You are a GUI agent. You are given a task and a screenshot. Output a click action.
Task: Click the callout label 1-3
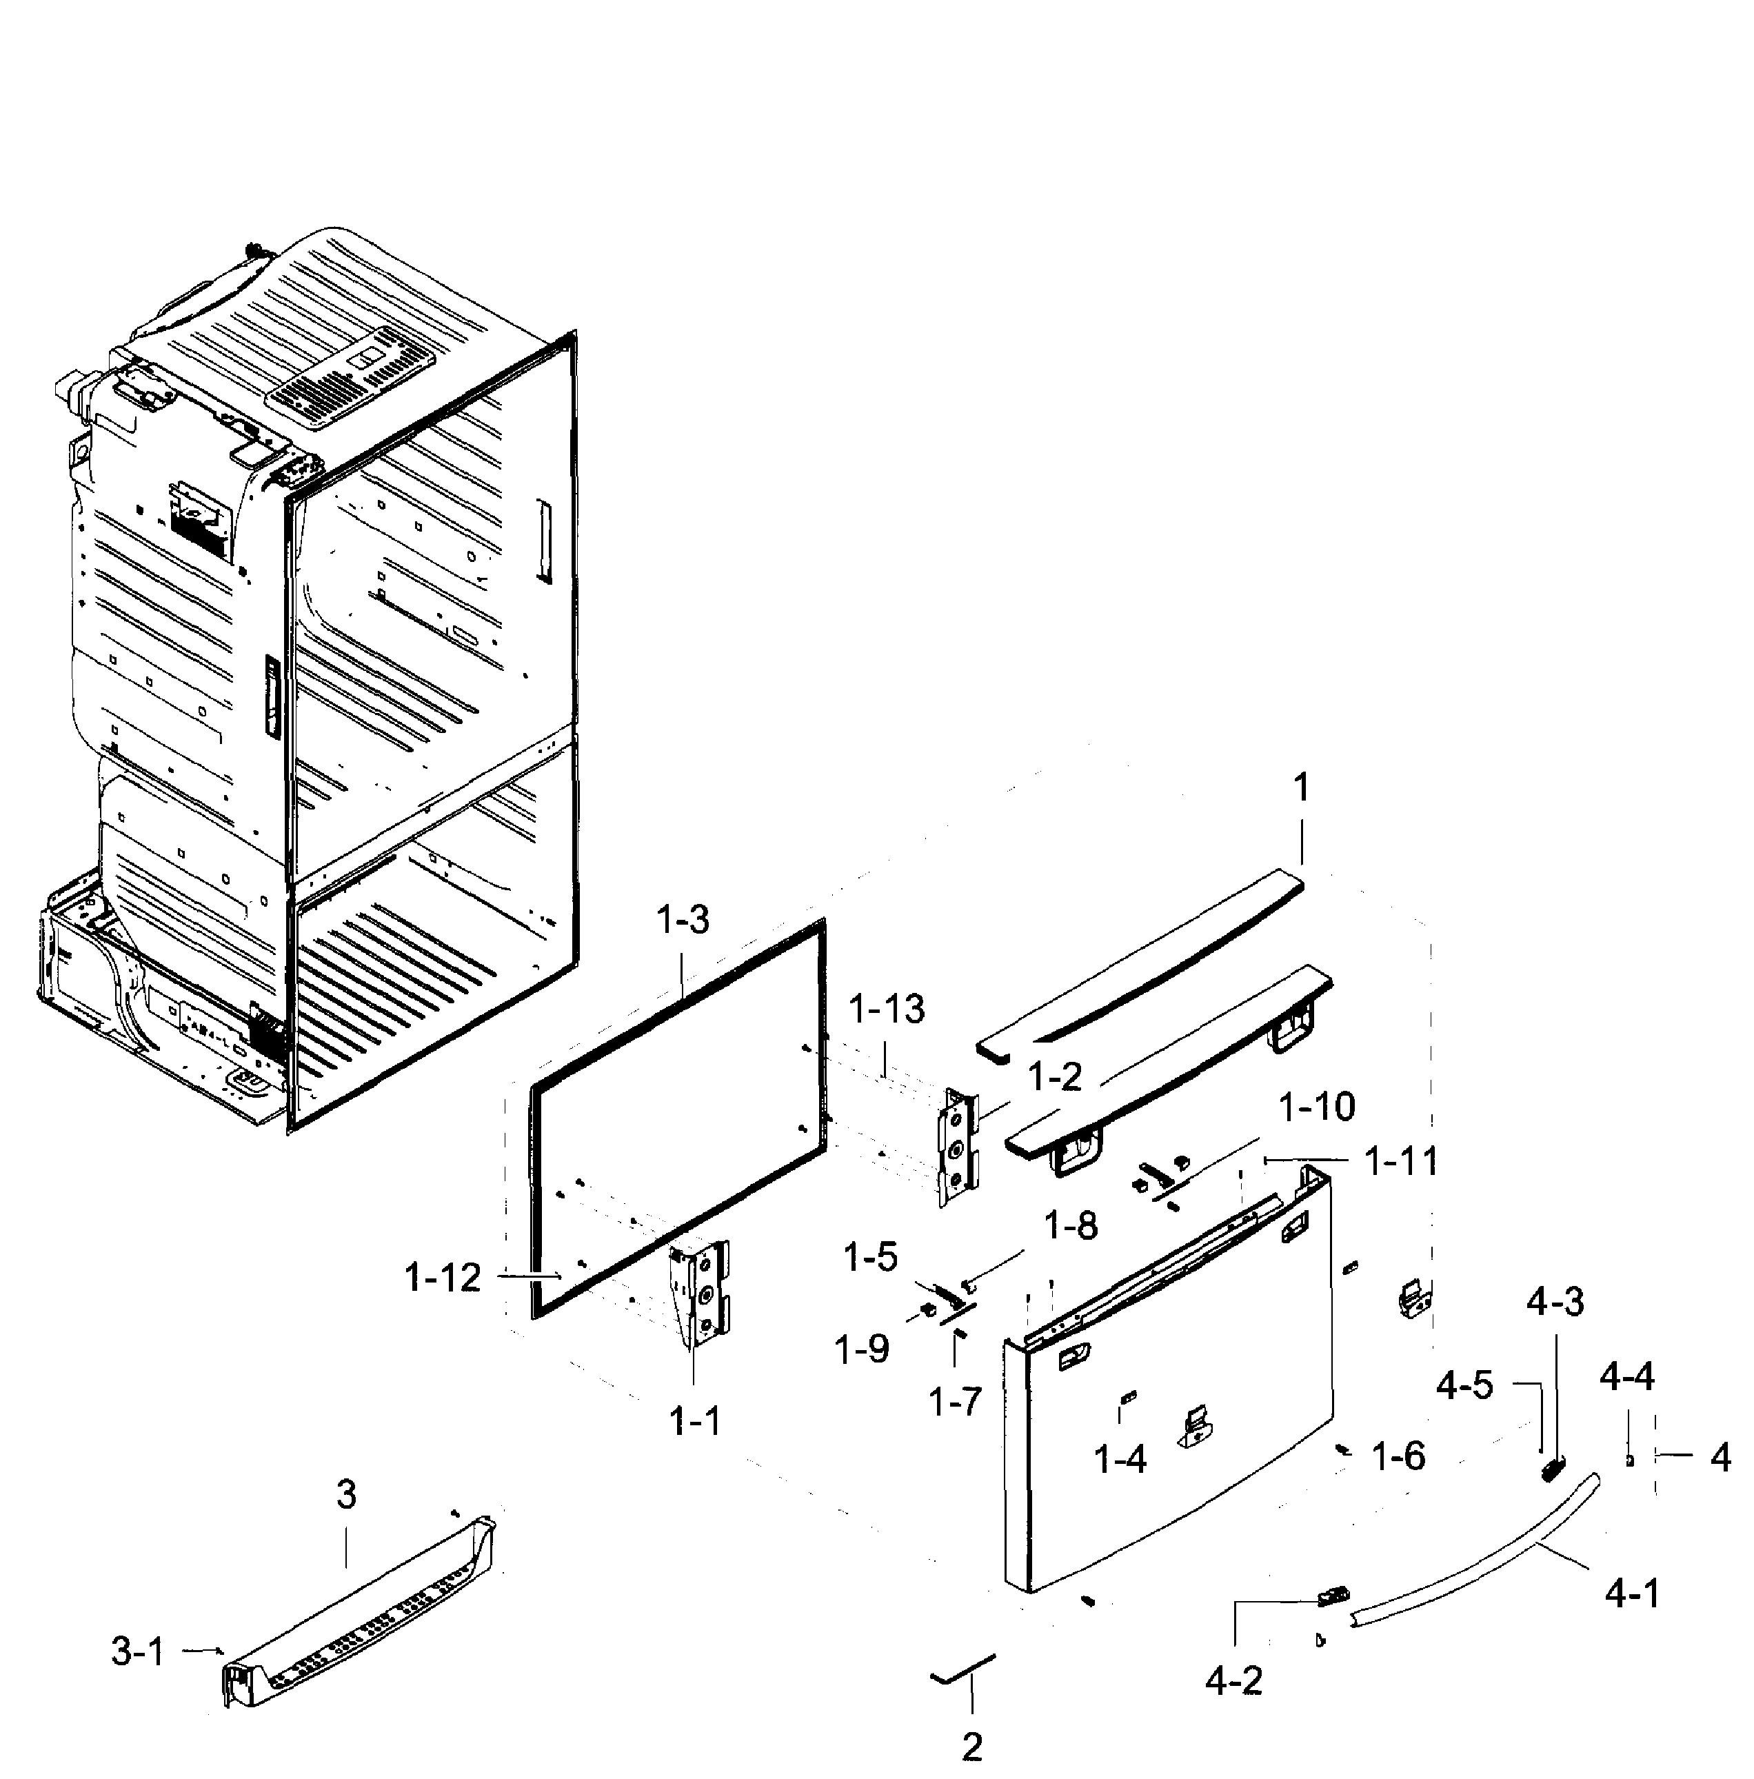[x=683, y=920]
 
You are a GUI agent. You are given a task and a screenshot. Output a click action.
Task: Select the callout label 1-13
[x=886, y=1009]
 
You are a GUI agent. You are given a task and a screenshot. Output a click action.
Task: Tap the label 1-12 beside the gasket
[x=443, y=1277]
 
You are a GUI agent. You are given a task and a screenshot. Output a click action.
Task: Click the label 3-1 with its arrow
[x=138, y=1652]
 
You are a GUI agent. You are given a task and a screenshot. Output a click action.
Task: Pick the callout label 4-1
[x=1633, y=1594]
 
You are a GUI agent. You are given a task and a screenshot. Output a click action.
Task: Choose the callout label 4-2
[x=1233, y=1681]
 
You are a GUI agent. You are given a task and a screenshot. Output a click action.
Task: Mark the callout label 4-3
[x=1555, y=1302]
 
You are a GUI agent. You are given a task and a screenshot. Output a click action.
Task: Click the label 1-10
[x=1317, y=1106]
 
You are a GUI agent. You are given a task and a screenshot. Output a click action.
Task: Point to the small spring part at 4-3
[x=1553, y=1469]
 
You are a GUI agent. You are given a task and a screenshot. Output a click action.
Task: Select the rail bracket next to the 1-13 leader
[x=958, y=1147]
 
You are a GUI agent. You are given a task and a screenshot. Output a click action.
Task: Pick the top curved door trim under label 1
[x=1142, y=967]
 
